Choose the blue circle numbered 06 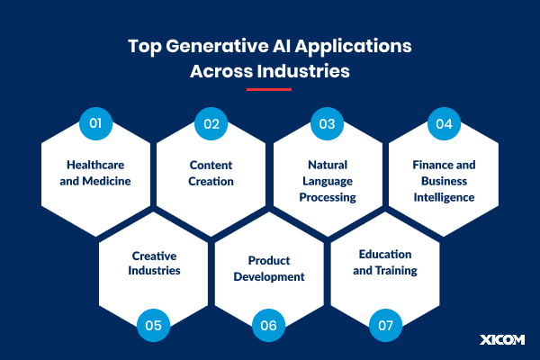268,325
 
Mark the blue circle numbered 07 384,325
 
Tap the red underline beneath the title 269,89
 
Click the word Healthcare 95,165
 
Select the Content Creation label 211,173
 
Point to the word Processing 327,197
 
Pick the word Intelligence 444,197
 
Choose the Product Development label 269,268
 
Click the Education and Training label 385,262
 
